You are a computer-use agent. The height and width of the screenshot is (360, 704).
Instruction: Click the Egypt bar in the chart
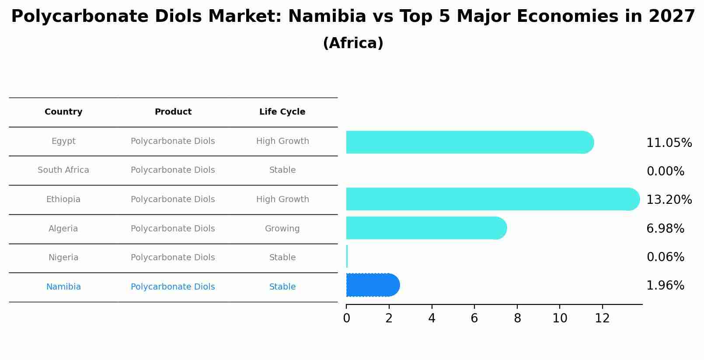click(468, 142)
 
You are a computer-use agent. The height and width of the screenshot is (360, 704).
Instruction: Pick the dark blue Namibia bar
click(372, 285)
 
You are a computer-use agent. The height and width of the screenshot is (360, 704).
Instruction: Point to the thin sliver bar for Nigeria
click(347, 256)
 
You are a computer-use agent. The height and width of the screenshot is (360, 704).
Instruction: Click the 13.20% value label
click(669, 200)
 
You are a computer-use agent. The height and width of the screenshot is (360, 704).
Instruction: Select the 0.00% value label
click(665, 171)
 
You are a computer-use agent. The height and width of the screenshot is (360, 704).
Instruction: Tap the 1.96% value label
click(665, 286)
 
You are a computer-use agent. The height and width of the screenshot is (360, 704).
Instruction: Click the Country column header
click(63, 112)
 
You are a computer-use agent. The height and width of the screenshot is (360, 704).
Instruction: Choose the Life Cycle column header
click(282, 112)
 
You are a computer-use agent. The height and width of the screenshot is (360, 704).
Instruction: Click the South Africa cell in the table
click(63, 170)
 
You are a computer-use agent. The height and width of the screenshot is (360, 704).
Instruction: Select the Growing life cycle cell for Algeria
click(282, 229)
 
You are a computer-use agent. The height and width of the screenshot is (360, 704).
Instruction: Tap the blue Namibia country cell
click(63, 287)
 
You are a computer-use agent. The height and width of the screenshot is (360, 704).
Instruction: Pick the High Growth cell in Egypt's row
click(282, 141)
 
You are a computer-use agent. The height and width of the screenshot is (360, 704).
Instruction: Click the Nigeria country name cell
click(63, 258)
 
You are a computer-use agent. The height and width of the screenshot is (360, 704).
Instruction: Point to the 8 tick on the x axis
click(517, 318)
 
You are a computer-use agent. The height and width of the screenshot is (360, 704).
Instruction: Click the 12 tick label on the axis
click(602, 318)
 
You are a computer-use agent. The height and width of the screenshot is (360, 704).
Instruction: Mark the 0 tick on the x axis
click(346, 318)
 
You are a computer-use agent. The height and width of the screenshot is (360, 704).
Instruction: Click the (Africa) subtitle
click(353, 43)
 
